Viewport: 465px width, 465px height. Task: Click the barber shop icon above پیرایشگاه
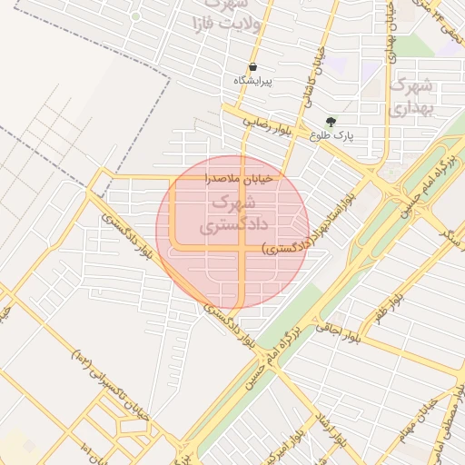pos(252,67)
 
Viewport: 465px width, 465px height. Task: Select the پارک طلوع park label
pos(331,135)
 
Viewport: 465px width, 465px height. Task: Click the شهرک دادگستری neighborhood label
pos(226,213)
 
